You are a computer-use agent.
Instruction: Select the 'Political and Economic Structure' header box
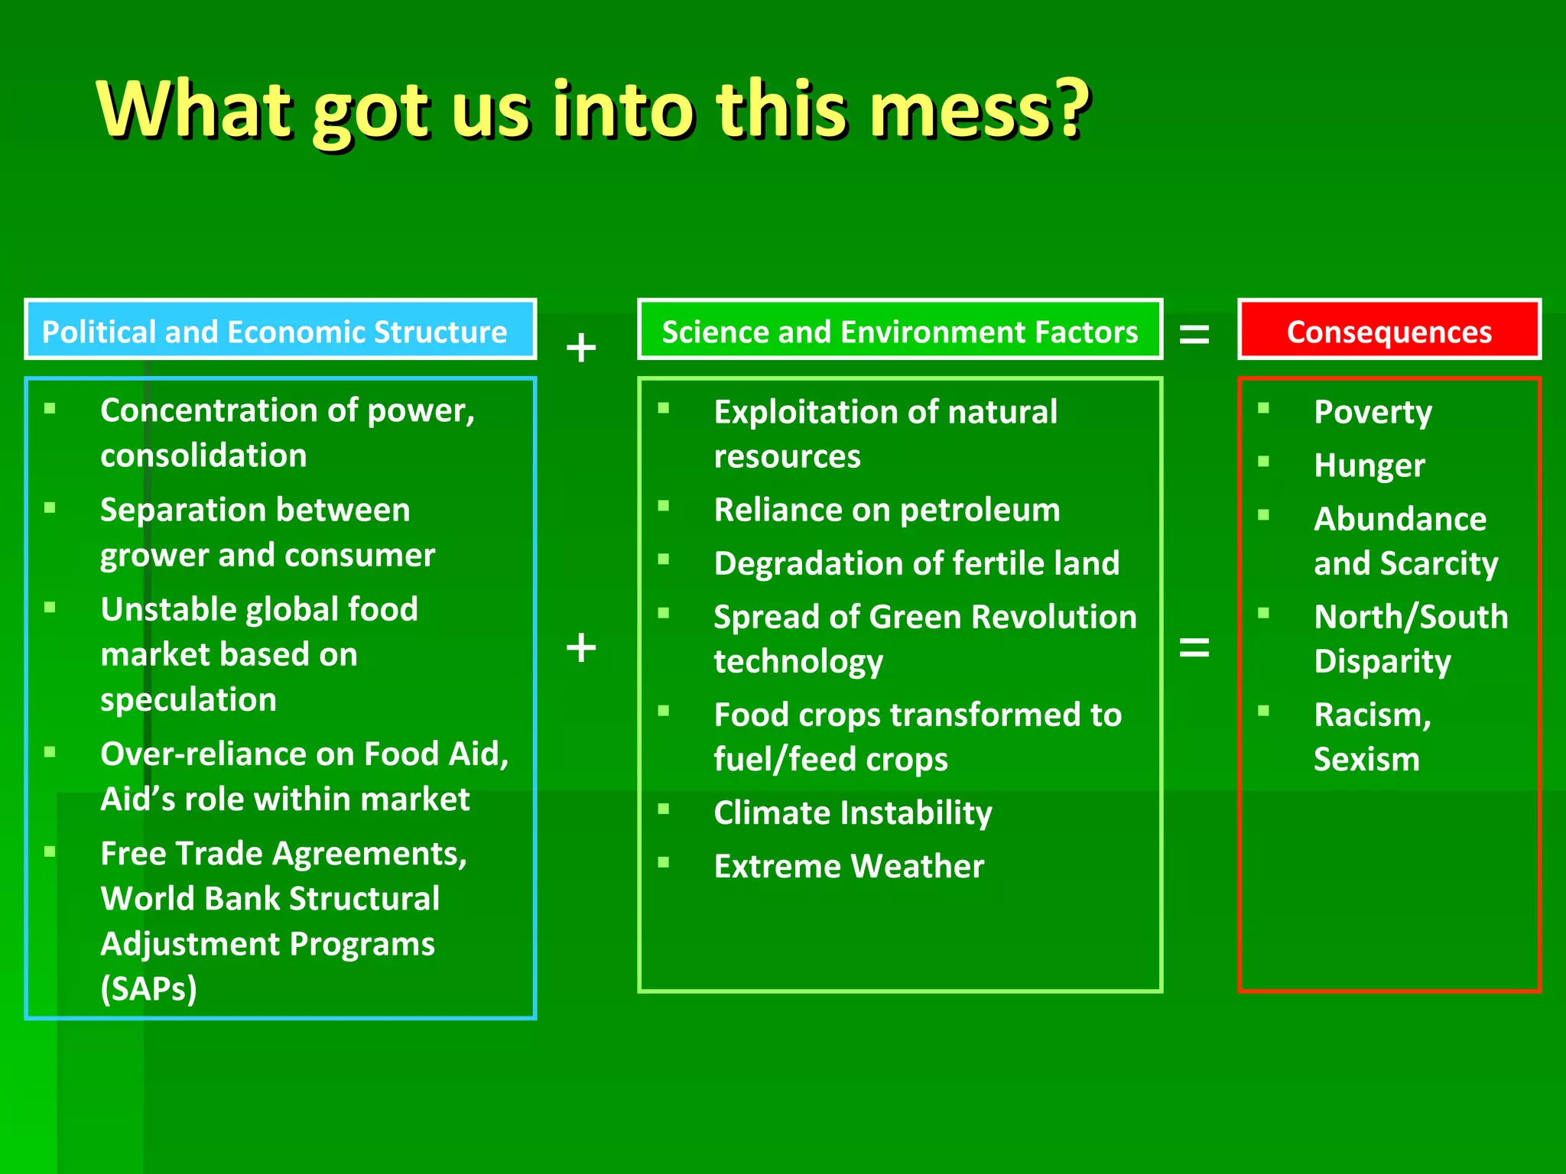tap(280, 330)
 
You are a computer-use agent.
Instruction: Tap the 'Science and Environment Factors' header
tap(899, 330)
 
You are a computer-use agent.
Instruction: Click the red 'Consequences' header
tap(1389, 330)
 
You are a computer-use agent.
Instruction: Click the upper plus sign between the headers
tap(581, 348)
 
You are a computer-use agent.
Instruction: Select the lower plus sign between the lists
tap(581, 648)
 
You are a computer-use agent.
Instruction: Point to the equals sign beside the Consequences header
tap(1194, 333)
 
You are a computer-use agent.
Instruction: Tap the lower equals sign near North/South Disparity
tap(1194, 648)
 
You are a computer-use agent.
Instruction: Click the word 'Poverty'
tap(1373, 413)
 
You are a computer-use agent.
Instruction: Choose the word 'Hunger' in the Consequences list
tap(1369, 466)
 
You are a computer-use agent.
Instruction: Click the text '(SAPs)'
tap(149, 988)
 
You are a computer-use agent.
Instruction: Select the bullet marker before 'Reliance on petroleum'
tap(664, 505)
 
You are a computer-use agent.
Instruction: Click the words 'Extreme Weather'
tap(849, 866)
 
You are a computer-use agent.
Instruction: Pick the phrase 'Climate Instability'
tap(853, 812)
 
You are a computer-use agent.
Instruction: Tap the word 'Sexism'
tap(1366, 759)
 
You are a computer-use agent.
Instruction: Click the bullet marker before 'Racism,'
tap(1263, 711)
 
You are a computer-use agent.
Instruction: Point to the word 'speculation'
tap(188, 699)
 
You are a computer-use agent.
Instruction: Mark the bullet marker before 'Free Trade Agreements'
tap(50, 851)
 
